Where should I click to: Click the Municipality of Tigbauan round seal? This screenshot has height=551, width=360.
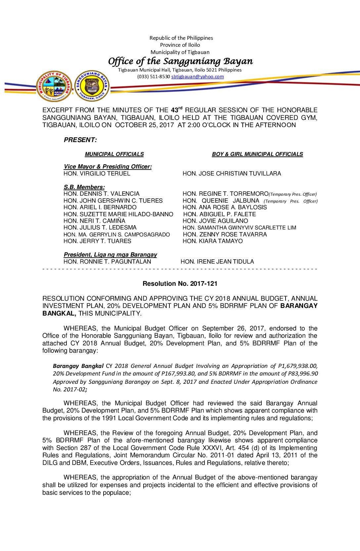click(x=54, y=86)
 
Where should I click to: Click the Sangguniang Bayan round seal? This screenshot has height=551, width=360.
click(x=92, y=86)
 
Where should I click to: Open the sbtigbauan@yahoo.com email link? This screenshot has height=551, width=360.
click(x=197, y=76)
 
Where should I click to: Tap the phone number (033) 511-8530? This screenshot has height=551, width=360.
click(x=154, y=76)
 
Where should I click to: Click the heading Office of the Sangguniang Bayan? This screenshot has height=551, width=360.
click(x=180, y=61)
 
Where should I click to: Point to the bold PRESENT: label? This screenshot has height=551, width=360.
click(x=80, y=140)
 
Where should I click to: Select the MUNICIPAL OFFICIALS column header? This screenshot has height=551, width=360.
click(x=114, y=154)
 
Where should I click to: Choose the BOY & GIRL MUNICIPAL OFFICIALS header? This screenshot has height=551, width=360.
click(x=257, y=154)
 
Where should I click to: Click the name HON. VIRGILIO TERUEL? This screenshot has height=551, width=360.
click(x=97, y=174)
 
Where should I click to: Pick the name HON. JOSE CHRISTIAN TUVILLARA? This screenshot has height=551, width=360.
click(x=232, y=174)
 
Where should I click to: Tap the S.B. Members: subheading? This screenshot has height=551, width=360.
click(x=84, y=187)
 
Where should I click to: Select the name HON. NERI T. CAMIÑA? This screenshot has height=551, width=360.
click(x=94, y=221)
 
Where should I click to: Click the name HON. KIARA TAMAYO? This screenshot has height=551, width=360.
click(x=212, y=241)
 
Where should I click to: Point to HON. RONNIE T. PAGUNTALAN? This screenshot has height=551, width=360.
click(x=107, y=262)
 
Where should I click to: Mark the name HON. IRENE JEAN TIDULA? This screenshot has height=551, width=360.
click(x=217, y=262)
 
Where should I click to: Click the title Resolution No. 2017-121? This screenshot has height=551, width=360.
click(x=180, y=284)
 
